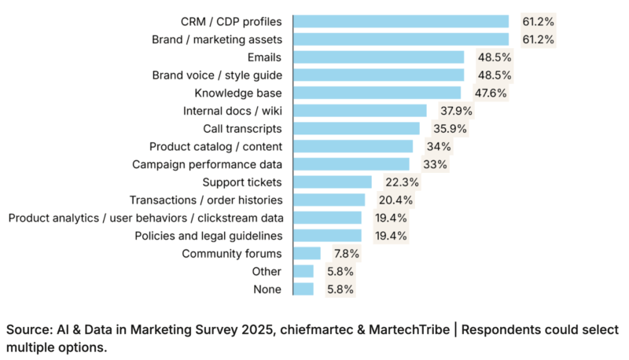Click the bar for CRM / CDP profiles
coord(401,21)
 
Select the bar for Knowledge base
coord(377,93)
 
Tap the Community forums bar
coord(307,253)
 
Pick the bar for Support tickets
coord(331,182)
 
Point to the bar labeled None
coord(303,288)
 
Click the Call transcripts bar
coord(356,128)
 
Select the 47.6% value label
coord(491,93)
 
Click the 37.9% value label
coord(457,111)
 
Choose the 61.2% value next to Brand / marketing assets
coord(539,39)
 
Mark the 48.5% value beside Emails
coord(494,57)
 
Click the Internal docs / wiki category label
coord(232,111)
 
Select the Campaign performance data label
coord(208,164)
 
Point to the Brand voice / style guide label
coord(216,75)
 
